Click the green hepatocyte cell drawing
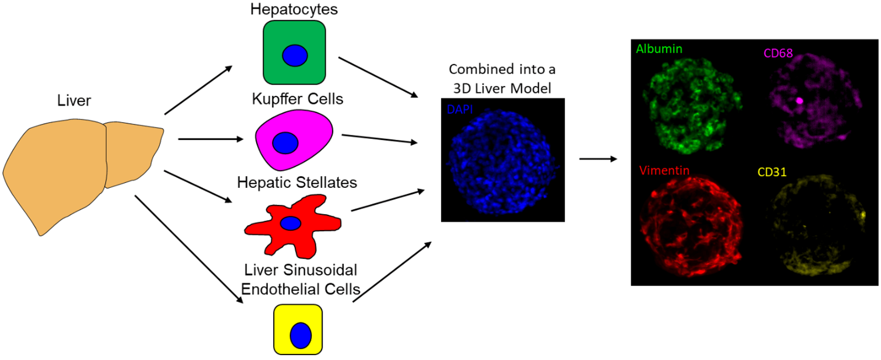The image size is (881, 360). (x=294, y=52)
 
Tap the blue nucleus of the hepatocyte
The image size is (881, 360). (x=295, y=55)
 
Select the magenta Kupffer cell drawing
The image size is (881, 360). (x=294, y=140)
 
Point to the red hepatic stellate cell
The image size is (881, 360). (x=293, y=225)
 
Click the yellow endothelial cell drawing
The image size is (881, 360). (x=298, y=329)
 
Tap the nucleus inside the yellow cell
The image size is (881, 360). (x=301, y=336)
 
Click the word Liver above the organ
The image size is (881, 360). (x=74, y=100)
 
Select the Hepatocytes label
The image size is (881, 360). (x=294, y=9)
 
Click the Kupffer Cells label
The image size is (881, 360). (x=297, y=99)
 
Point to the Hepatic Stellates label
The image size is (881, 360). (x=297, y=182)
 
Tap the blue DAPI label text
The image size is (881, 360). (x=460, y=109)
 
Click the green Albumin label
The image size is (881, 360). (x=659, y=49)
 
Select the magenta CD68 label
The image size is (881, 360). (x=778, y=53)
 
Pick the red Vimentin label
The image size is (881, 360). (x=664, y=170)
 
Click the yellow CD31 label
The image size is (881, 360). (x=772, y=172)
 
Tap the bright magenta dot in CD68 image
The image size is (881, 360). (x=799, y=101)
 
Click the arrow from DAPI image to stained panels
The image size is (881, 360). (x=598, y=159)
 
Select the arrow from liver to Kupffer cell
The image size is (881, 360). (x=211, y=139)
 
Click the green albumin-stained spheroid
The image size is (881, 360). (x=692, y=105)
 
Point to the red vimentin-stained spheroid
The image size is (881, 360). (x=690, y=226)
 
